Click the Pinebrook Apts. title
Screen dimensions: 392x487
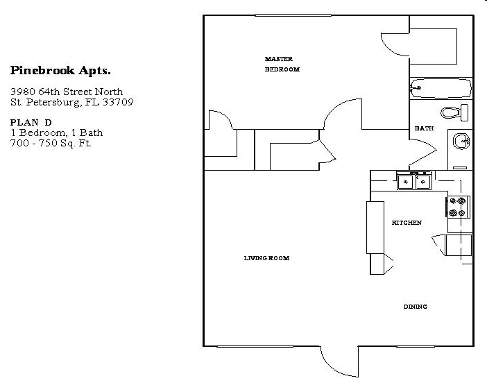(60, 70)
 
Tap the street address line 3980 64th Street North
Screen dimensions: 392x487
(67, 92)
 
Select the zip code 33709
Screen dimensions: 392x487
(119, 102)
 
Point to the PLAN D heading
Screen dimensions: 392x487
(31, 122)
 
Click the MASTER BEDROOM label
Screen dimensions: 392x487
(282, 64)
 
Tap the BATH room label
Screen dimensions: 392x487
(424, 128)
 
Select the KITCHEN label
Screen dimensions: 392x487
(407, 223)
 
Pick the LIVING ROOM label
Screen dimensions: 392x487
(266, 258)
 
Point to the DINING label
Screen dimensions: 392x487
(415, 307)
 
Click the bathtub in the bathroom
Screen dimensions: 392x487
(441, 87)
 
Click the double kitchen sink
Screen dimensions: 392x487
(414, 182)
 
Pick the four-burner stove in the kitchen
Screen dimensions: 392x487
(458, 207)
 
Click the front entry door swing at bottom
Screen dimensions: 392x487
(338, 361)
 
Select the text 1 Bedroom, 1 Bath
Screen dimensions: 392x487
(56, 133)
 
